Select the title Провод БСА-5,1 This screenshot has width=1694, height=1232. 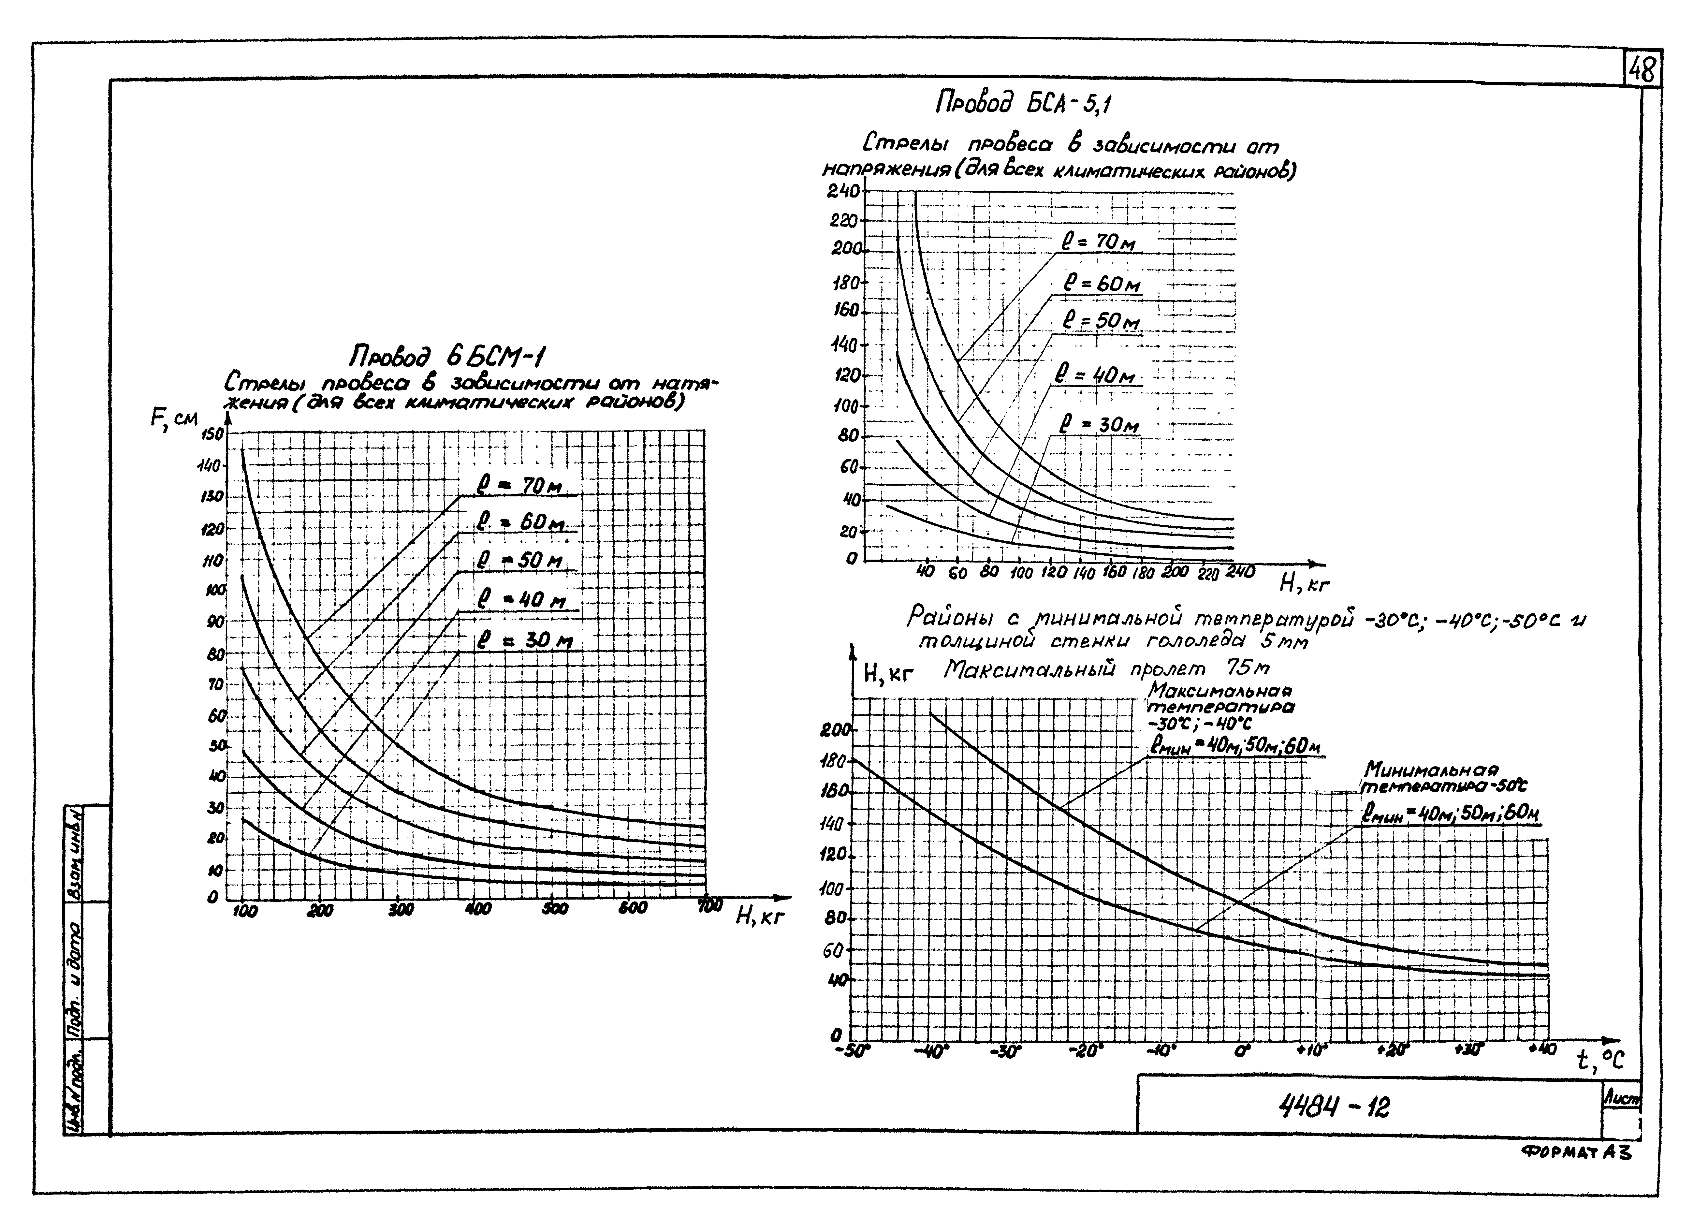[1023, 104]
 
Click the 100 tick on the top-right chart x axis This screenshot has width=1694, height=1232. [1020, 574]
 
